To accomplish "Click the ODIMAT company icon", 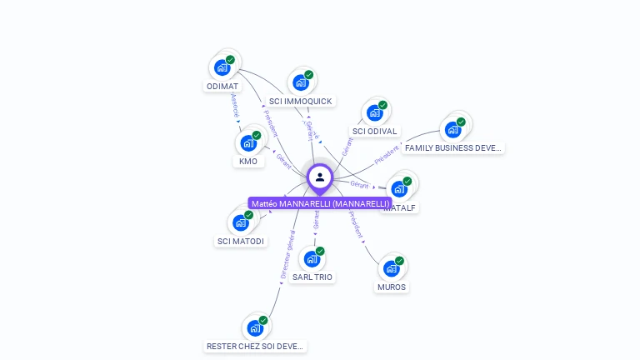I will [222, 67].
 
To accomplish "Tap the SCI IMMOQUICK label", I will [300, 102].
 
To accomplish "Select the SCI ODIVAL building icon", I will [375, 112].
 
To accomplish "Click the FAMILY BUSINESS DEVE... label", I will [453, 148].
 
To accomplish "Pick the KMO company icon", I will [247, 142].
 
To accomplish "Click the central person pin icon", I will [320, 177].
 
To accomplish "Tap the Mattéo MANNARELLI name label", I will [320, 203].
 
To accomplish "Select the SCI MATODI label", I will [241, 242].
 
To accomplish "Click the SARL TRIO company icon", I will [312, 258].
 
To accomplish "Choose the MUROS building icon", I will [391, 268].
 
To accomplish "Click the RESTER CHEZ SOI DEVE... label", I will [256, 346].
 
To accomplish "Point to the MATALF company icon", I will [399, 189].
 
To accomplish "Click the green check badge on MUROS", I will [399, 261].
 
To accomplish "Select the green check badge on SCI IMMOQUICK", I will [308, 75].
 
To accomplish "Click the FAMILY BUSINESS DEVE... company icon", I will [452, 129].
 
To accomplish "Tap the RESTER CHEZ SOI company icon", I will [255, 327].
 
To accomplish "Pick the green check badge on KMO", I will [257, 135].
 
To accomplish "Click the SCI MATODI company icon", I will [240, 222].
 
